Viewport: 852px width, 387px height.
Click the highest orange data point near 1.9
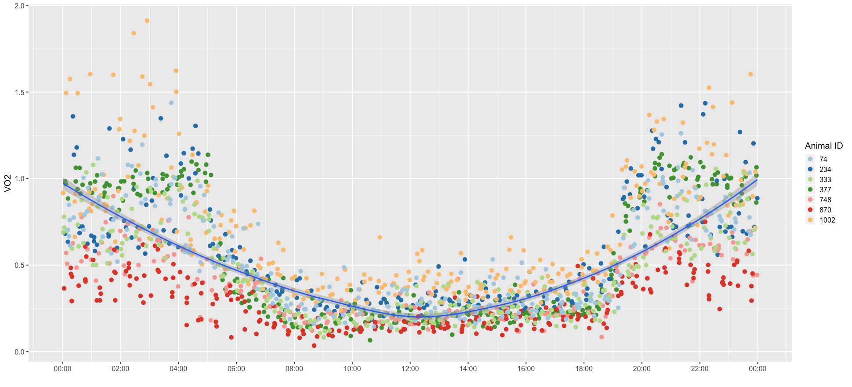tap(147, 21)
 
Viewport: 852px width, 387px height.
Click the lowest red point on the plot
tap(314, 346)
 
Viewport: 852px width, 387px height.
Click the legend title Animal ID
tap(824, 146)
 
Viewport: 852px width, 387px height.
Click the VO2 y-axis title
tap(7, 183)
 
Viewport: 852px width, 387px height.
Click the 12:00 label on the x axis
tap(410, 369)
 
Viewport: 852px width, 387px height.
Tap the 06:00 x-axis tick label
tap(236, 369)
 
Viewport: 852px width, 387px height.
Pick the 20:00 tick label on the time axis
tap(642, 369)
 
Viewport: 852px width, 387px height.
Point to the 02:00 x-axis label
tap(120, 369)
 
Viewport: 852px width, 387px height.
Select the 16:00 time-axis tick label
tap(526, 369)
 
